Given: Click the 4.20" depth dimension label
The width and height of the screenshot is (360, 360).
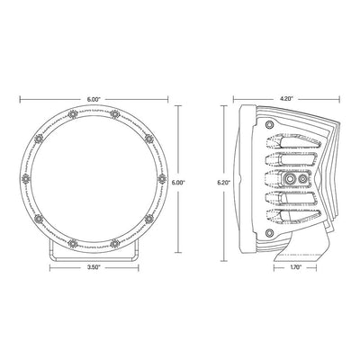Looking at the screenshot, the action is [287, 99].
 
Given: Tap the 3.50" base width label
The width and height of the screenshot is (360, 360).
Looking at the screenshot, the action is [94, 268].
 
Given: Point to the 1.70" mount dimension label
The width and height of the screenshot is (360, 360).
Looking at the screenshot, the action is [295, 268].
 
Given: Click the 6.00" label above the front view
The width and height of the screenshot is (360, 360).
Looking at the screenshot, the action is [94, 99].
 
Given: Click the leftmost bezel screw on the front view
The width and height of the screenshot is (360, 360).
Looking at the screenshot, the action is [26, 179].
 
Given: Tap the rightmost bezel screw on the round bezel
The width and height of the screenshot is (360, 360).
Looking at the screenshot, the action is [162, 179].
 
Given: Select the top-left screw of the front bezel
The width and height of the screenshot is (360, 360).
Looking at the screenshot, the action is [72, 114].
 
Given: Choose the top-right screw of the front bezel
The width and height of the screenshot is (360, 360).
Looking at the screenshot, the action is [115, 114].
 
